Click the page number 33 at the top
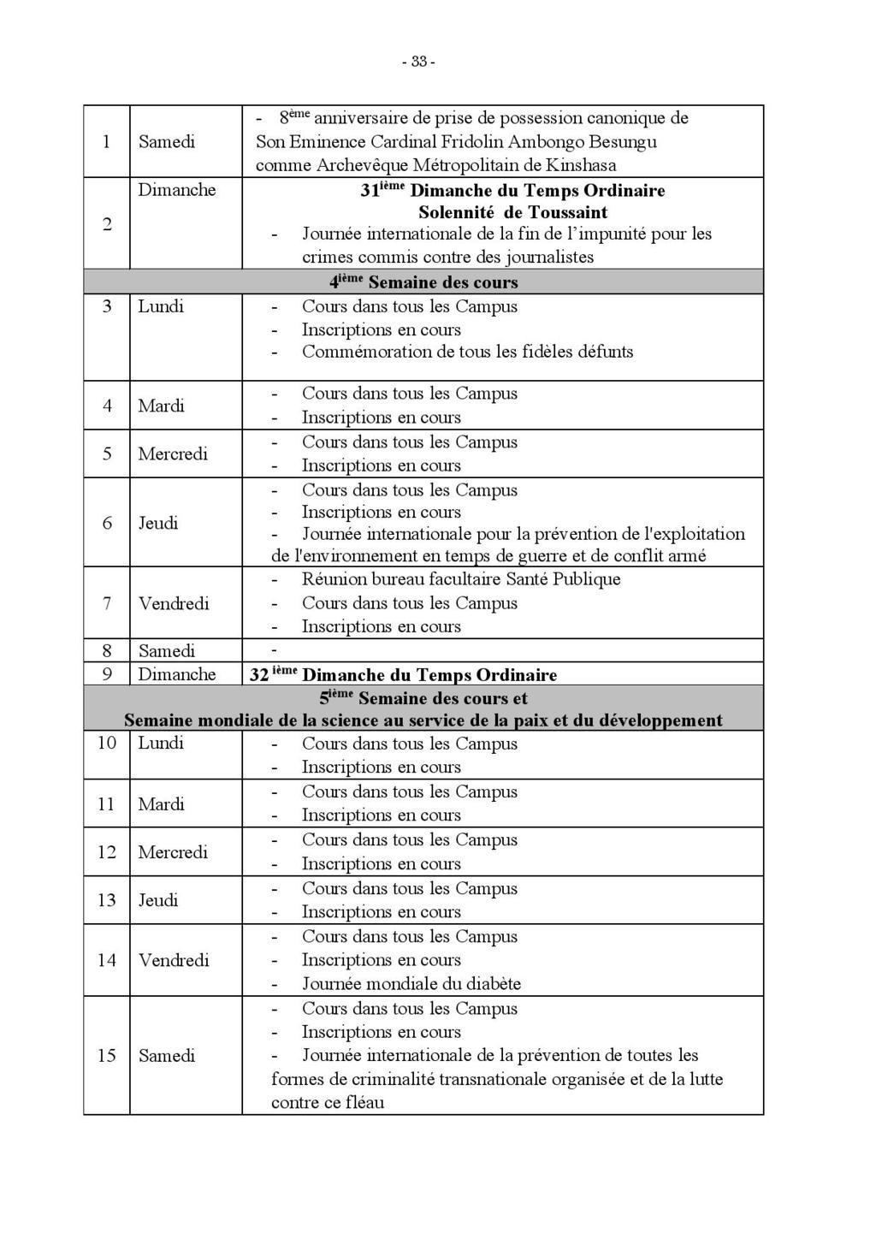tap(419, 62)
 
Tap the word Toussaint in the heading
tap(568, 212)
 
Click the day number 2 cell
tap(107, 224)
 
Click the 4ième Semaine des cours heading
tap(424, 282)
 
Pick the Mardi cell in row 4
tap(162, 406)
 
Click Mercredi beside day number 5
tap(173, 454)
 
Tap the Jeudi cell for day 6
tap(158, 523)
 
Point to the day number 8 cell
tap(107, 650)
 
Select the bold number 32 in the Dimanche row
tap(259, 674)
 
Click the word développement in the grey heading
tap(661, 720)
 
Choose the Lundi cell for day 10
tap(161, 743)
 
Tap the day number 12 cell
tap(107, 852)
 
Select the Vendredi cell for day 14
tap(174, 960)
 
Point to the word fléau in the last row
tap(364, 1102)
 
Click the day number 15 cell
tap(107, 1055)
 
